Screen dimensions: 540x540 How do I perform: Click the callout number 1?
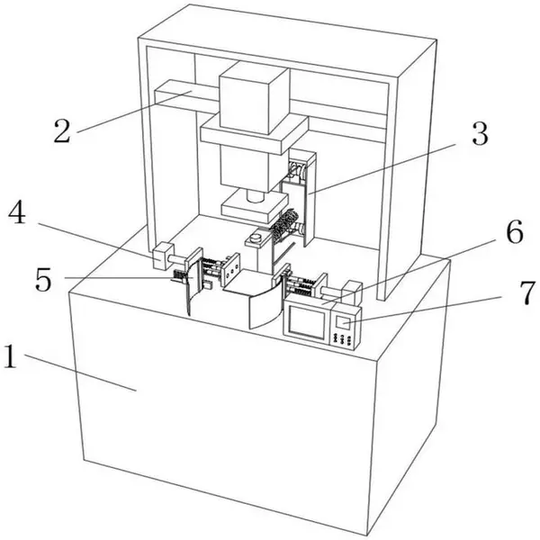(11, 355)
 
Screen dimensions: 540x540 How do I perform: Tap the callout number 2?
(62, 130)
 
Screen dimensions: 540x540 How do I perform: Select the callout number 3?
(480, 133)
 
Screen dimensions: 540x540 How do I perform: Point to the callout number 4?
(17, 213)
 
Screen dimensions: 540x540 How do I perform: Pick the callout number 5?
(44, 280)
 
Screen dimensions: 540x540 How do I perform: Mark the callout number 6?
(515, 232)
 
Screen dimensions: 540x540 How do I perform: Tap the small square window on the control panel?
(343, 323)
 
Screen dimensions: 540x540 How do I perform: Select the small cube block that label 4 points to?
(162, 256)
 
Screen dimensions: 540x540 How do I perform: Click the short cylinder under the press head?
(256, 196)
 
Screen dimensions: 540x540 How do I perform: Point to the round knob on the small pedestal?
(256, 237)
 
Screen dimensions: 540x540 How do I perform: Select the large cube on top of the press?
(254, 97)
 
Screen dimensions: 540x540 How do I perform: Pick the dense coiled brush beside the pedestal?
(284, 224)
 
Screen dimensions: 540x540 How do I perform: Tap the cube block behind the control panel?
(351, 292)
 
